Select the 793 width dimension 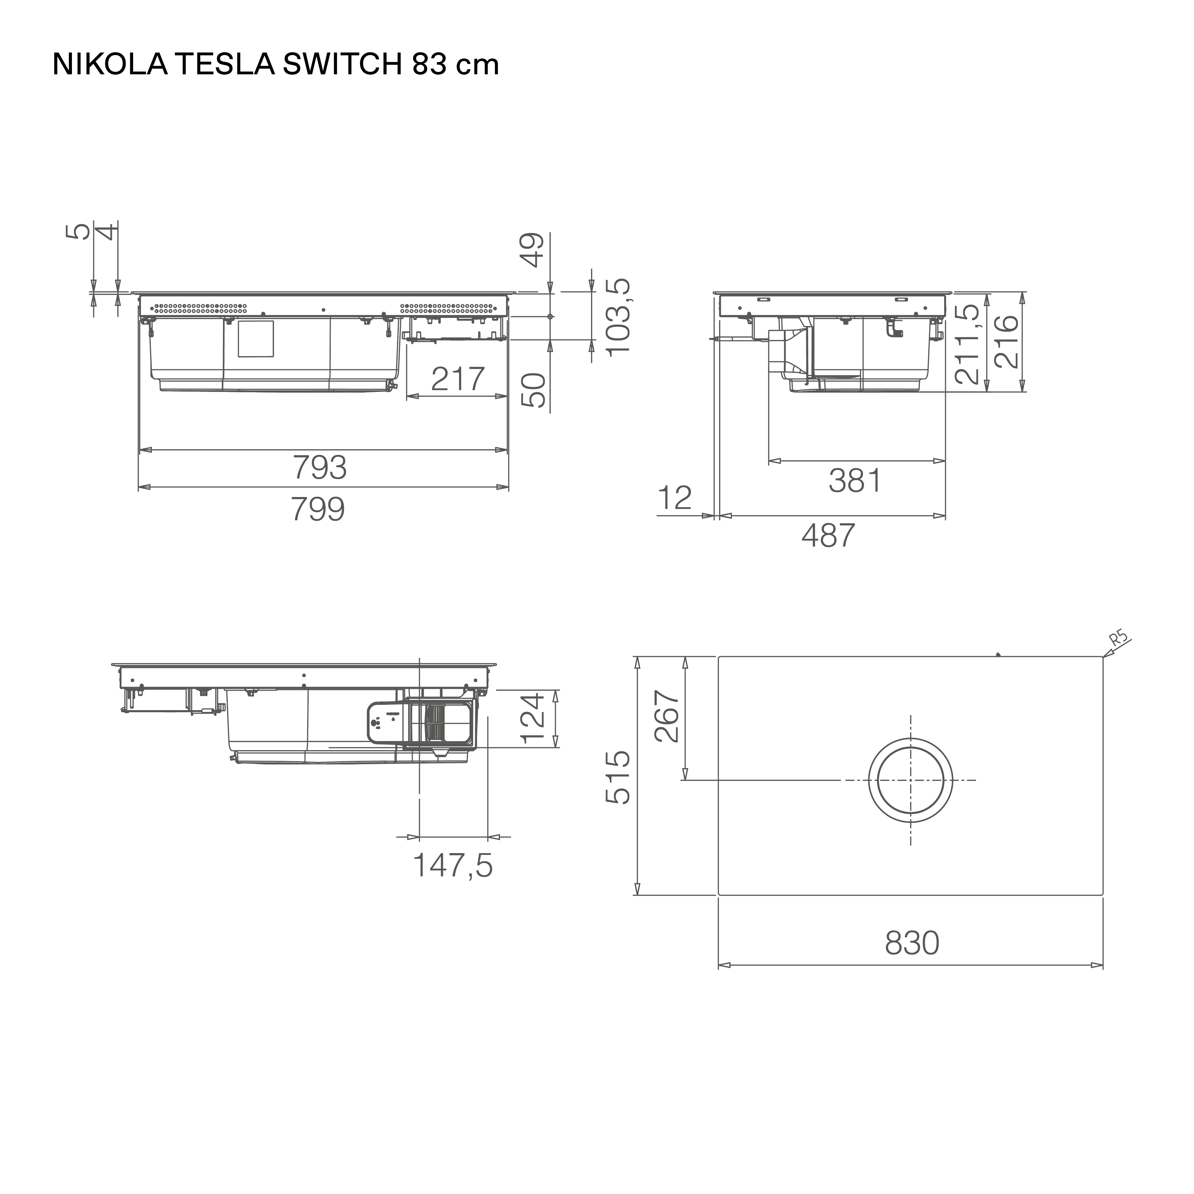[x=319, y=468]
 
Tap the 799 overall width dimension [x=318, y=509]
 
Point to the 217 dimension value [x=457, y=379]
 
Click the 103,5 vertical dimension [x=618, y=316]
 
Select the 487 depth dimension [x=828, y=535]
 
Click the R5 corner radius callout [x=1118, y=638]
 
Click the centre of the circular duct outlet [x=910, y=780]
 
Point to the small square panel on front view [x=255, y=339]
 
